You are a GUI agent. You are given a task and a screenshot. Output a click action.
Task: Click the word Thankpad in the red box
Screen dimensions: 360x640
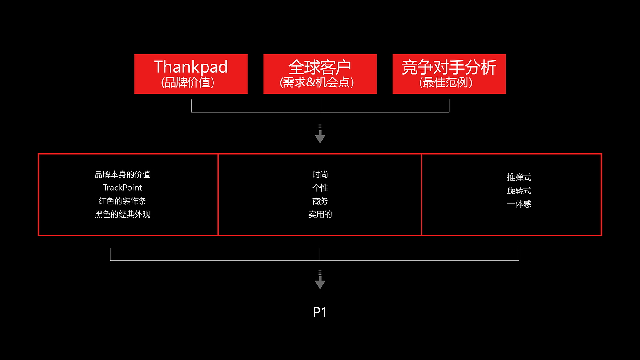[x=191, y=67]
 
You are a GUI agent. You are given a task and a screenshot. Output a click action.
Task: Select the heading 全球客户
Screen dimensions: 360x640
[x=320, y=67]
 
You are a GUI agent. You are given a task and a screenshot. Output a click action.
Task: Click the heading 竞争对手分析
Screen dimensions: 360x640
[x=449, y=67]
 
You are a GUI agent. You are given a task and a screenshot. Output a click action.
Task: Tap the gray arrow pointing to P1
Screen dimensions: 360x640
[x=320, y=280]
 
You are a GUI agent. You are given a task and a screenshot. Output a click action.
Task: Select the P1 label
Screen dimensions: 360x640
[x=320, y=312]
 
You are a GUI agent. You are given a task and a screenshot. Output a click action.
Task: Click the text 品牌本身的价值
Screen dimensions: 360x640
[x=123, y=174]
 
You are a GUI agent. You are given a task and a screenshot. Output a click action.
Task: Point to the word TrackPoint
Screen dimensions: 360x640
[x=123, y=188]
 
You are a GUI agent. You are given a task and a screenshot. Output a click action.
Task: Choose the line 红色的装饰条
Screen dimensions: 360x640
[x=123, y=201]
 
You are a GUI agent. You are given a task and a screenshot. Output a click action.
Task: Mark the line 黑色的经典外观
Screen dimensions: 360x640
[x=123, y=214]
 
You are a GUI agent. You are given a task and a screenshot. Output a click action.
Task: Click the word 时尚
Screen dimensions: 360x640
[x=320, y=174]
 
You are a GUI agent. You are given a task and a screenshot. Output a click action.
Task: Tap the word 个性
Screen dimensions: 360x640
[x=320, y=188]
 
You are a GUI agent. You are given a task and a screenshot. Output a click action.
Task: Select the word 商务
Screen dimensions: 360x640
[x=320, y=201]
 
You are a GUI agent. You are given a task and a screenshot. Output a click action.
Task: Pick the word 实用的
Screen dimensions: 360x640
[x=320, y=214]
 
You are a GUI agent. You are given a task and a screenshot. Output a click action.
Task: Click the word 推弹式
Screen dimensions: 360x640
[x=519, y=177]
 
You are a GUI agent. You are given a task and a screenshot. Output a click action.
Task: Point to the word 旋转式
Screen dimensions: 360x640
[x=519, y=191]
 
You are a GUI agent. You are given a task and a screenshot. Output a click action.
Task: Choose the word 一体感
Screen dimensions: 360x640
[x=519, y=204]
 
